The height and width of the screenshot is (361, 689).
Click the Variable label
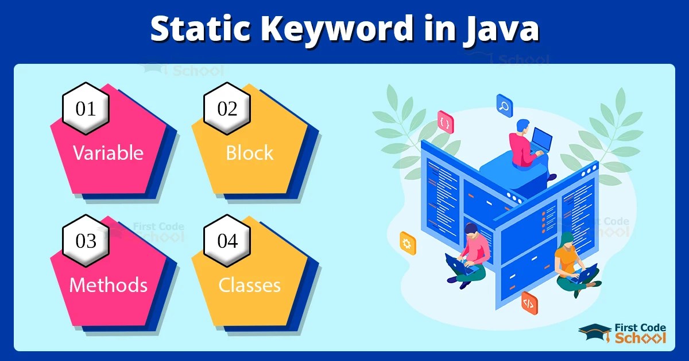tap(108, 153)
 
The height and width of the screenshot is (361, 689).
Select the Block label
tap(249, 153)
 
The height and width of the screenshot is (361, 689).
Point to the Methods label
tap(108, 285)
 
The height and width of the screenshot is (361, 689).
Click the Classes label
tap(249, 285)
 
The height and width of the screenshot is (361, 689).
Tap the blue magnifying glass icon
tap(505, 106)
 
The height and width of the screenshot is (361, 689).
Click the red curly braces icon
tap(444, 122)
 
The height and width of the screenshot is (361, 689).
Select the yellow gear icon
tap(407, 243)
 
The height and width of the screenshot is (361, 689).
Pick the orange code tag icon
tap(529, 302)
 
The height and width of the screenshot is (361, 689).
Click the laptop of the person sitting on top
tap(541, 140)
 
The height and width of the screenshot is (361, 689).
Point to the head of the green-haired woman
tap(566, 239)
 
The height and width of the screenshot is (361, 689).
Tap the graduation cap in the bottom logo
tap(594, 331)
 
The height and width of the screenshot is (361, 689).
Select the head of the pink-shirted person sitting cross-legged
tap(471, 229)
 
